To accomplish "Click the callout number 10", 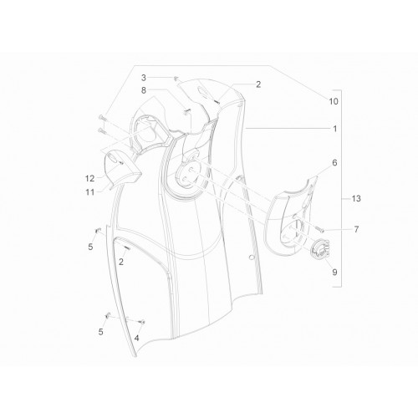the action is click(x=334, y=101).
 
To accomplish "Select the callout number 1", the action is click(x=335, y=129).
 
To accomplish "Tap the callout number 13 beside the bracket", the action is click(x=356, y=199).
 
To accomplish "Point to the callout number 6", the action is click(x=334, y=162).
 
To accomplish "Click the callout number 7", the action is click(x=356, y=230).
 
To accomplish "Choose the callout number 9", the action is click(x=334, y=272).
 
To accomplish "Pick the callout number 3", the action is click(x=144, y=78).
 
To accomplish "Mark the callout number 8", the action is click(x=144, y=90).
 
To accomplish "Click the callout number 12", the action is click(x=89, y=179).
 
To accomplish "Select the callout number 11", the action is click(x=89, y=192).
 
